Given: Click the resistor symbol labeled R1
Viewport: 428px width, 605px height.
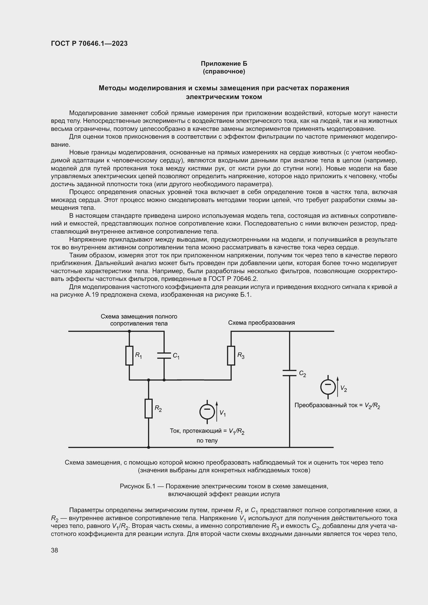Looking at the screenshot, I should point(129,355).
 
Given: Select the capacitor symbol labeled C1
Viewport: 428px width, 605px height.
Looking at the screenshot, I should point(164,355).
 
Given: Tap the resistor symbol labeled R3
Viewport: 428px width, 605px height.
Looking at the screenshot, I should point(231,355).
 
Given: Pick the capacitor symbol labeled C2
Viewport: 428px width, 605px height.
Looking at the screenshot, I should point(289,373).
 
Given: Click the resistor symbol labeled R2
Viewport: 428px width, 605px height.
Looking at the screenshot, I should point(149,408).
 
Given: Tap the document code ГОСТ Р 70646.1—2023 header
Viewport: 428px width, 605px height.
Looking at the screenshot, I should point(89,43).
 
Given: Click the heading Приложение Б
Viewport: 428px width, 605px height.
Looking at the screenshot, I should point(224,64).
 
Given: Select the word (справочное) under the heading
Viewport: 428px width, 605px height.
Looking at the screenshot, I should point(224,72).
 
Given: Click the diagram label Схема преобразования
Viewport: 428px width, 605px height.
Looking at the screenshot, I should point(261,323).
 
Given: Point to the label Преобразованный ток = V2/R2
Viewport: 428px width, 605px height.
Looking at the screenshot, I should point(337,406).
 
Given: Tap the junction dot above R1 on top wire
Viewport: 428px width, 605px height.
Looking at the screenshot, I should point(129,331).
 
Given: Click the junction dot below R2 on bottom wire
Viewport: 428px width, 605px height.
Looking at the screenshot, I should point(149,447).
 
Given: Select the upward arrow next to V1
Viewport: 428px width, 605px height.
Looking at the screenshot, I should point(217,411).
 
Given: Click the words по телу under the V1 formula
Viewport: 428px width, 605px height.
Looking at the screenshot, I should point(207,440).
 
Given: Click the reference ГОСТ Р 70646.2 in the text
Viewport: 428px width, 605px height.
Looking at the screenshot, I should point(233,279).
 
